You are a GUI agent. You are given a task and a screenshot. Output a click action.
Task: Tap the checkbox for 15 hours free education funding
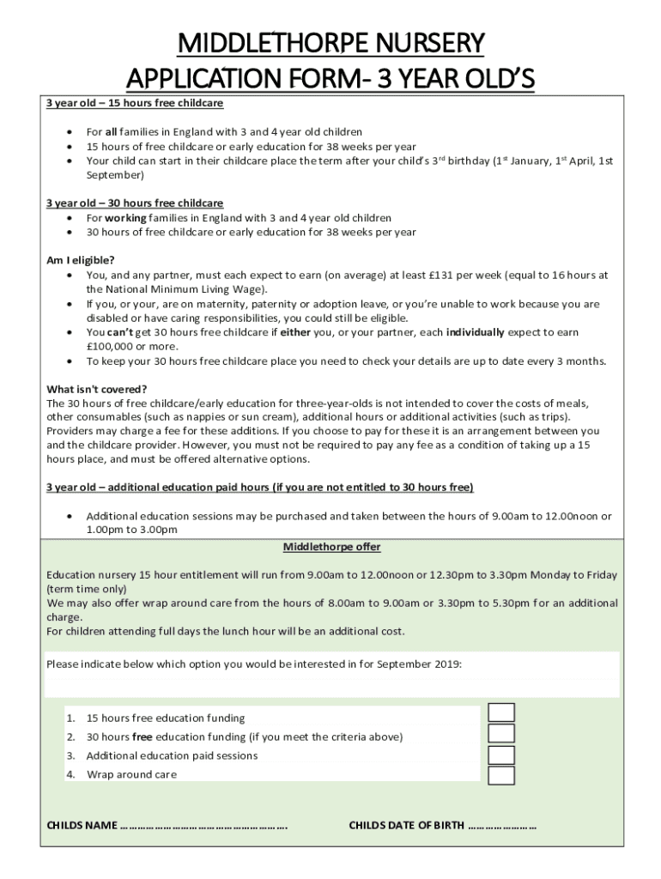pyautogui.click(x=501, y=713)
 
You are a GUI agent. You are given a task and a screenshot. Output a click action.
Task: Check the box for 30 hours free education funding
pyautogui.click(x=501, y=733)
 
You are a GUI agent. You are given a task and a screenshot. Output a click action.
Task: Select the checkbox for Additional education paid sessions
pyautogui.click(x=501, y=755)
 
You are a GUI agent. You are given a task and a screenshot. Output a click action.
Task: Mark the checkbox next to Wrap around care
pyautogui.click(x=501, y=775)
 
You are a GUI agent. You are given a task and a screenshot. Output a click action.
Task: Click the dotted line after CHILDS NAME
pyautogui.click(x=204, y=826)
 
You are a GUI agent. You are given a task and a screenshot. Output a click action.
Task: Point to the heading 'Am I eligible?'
pyautogui.click(x=80, y=260)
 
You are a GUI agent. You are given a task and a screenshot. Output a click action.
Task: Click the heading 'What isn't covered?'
pyautogui.click(x=96, y=389)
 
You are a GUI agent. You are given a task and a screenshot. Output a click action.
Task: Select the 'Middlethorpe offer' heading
pyautogui.click(x=331, y=547)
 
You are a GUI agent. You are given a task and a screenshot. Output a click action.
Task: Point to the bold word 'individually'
pyautogui.click(x=481, y=332)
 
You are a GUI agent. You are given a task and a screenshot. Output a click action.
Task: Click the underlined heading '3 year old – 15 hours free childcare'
pyautogui.click(x=134, y=103)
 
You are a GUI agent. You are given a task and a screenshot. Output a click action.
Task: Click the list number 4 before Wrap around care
pyautogui.click(x=70, y=774)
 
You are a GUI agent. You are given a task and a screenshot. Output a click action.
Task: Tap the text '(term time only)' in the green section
pyautogui.click(x=87, y=589)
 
